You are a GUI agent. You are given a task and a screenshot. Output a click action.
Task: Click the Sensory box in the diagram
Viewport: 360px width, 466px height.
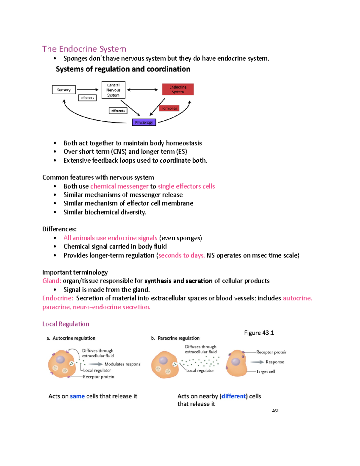coord(64,90)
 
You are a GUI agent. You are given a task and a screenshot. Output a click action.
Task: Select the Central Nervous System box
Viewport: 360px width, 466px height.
coord(113,90)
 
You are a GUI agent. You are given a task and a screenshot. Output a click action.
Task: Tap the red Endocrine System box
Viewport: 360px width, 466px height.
coord(178,89)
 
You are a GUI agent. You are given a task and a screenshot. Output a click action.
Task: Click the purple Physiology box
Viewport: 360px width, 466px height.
coord(144,122)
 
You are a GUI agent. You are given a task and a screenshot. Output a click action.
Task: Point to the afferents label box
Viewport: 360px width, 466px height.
coord(87,98)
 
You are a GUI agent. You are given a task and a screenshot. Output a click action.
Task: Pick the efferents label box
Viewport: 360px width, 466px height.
coord(118,111)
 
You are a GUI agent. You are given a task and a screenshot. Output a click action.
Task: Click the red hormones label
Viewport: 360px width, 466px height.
coord(169,108)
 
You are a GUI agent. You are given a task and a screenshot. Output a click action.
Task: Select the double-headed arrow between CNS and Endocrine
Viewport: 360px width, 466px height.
coord(142,90)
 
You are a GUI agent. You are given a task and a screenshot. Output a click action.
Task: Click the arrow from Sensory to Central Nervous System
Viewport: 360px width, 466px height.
coord(88,90)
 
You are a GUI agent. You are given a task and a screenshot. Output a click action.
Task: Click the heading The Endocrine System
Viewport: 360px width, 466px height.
coord(84,49)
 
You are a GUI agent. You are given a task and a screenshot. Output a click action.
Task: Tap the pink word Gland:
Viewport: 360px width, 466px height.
coord(52,281)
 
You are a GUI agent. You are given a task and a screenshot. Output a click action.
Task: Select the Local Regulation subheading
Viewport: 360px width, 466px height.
coord(66,324)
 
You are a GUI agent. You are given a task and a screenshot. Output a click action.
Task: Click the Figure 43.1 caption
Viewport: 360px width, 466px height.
coord(259,333)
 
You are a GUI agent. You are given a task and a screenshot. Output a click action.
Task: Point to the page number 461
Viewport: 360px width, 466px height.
coord(275,411)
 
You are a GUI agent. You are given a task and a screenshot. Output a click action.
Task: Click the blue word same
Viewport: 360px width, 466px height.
coord(77,396)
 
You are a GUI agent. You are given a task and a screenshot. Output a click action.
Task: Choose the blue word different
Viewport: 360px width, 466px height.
coord(234,396)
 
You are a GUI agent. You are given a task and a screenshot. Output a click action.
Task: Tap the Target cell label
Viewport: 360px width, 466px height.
coord(265,371)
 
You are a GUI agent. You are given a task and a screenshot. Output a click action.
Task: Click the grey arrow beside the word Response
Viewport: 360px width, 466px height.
coord(257,362)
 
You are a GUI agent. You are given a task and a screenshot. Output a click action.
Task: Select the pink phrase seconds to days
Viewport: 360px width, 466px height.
coord(181,255)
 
